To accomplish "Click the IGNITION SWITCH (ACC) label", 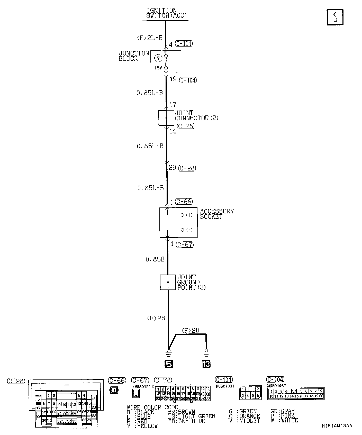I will (166, 13).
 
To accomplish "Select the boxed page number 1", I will (335, 17).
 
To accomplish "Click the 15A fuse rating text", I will (158, 68).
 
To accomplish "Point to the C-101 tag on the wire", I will (184, 43).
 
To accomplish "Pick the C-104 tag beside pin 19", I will (188, 80).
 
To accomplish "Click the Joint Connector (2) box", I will (166, 118).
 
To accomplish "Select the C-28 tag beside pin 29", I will (187, 168).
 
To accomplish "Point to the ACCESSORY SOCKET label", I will (217, 214).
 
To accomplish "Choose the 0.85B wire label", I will (155, 259).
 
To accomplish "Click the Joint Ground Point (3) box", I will (168, 282).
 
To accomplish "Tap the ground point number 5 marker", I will (169, 364).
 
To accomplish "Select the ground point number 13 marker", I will (206, 364).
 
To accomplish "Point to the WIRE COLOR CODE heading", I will (152, 407).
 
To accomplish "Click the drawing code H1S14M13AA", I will (337, 426).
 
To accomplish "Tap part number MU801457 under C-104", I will (276, 386).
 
